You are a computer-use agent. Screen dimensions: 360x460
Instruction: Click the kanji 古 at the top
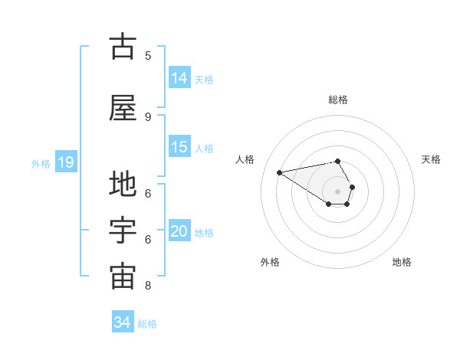tap(123, 47)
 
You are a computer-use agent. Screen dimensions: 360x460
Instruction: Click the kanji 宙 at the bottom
tap(123, 277)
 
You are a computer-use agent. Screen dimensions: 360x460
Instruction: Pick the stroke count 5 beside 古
tap(148, 56)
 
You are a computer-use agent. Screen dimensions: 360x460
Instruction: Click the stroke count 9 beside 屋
tap(148, 116)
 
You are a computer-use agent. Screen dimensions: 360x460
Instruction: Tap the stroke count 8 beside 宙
tap(148, 286)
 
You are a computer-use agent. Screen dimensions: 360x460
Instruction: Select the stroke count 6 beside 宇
tap(148, 240)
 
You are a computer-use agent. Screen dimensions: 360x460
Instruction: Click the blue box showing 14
tap(179, 78)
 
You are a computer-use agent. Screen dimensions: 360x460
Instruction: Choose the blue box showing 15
tap(179, 147)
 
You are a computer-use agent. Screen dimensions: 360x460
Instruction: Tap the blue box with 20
tap(179, 231)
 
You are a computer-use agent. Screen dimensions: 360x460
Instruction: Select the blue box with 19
tap(65, 162)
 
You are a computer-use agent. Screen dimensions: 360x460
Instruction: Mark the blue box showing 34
tap(122, 322)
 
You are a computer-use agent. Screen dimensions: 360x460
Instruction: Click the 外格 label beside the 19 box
tap(40, 163)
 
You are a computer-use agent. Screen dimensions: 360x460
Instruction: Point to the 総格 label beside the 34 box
tap(147, 324)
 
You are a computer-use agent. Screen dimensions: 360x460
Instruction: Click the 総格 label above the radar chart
tap(338, 100)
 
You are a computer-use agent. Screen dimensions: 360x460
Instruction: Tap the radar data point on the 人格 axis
tap(280, 172)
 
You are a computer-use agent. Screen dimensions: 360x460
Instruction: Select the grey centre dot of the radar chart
tap(338, 191)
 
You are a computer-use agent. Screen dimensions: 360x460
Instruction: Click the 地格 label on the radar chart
tap(402, 263)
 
